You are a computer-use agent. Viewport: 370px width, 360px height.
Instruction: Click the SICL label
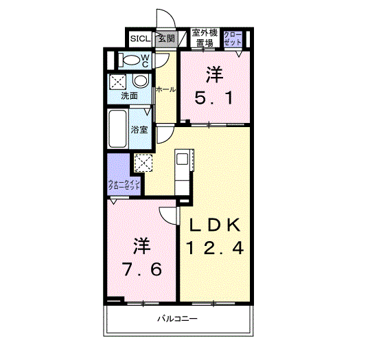141,38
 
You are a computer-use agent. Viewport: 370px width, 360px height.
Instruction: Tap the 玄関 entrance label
167,38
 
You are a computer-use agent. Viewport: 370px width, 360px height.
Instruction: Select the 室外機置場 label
205,38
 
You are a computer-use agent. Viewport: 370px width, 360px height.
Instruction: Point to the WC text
145,60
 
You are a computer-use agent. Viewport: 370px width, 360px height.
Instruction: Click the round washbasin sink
141,81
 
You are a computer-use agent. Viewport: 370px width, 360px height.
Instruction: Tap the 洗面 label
129,96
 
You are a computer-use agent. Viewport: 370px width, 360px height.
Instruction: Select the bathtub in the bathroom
117,128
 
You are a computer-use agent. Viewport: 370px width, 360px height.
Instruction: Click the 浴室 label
139,129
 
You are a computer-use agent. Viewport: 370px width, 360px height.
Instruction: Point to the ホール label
165,89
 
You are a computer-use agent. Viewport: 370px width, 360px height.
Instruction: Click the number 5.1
214,98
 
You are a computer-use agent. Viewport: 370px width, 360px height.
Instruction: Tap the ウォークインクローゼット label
124,185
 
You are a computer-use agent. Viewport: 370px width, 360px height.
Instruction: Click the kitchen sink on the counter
182,159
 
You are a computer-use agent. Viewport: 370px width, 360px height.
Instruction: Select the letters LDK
215,225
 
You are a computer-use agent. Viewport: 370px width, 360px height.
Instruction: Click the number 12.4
215,248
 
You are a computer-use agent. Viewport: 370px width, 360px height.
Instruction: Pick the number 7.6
143,269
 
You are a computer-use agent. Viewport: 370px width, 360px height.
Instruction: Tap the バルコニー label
177,319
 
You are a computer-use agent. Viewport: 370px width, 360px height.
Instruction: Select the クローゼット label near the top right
233,38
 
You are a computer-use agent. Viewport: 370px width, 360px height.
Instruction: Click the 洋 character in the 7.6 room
142,246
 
